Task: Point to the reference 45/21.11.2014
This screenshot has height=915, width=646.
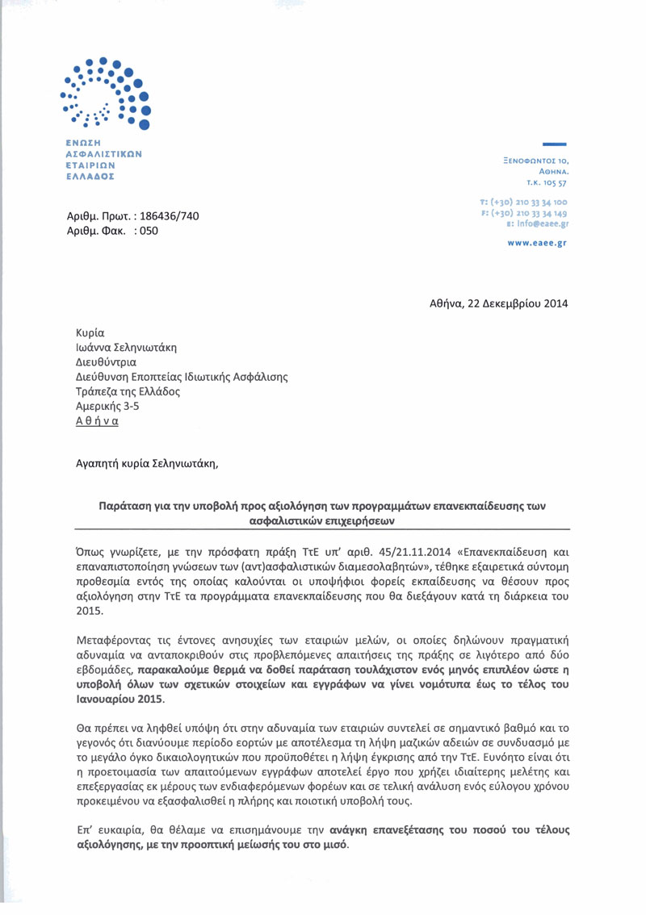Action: click(342, 553)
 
